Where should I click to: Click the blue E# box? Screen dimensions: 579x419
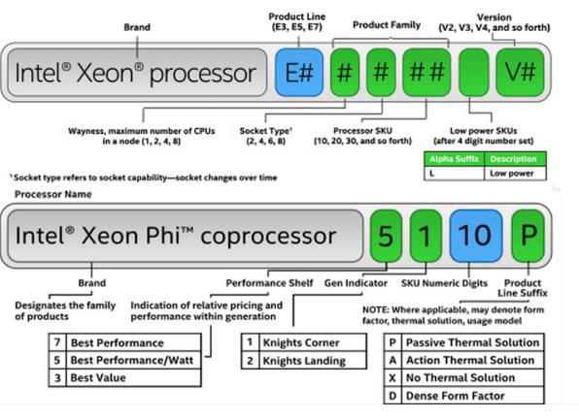[299, 72]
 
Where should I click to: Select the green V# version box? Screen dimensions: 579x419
[520, 72]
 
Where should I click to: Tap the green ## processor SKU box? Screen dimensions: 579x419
[426, 72]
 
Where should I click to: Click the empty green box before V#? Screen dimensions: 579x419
[474, 72]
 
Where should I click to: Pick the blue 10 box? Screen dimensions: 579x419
[476, 236]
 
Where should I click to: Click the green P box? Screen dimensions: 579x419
[528, 236]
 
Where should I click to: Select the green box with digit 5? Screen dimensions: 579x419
[386, 236]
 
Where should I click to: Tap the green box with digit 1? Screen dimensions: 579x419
[426, 236]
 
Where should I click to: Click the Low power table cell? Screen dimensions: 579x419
[515, 174]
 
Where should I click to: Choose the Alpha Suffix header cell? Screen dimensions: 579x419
[454, 159]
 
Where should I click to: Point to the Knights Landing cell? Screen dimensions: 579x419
[313, 361]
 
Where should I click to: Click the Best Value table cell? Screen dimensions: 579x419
[133, 377]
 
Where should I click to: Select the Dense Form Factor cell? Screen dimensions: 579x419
[473, 396]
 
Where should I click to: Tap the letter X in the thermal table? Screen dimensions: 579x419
[392, 377]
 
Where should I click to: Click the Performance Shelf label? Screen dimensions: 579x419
[269, 283]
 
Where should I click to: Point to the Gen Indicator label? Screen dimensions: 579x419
[356, 283]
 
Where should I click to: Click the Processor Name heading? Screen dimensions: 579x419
[53, 194]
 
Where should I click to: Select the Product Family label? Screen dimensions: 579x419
[387, 25]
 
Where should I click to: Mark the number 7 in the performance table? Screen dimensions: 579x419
[57, 342]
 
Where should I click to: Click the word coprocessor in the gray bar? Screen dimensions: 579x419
[268, 237]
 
